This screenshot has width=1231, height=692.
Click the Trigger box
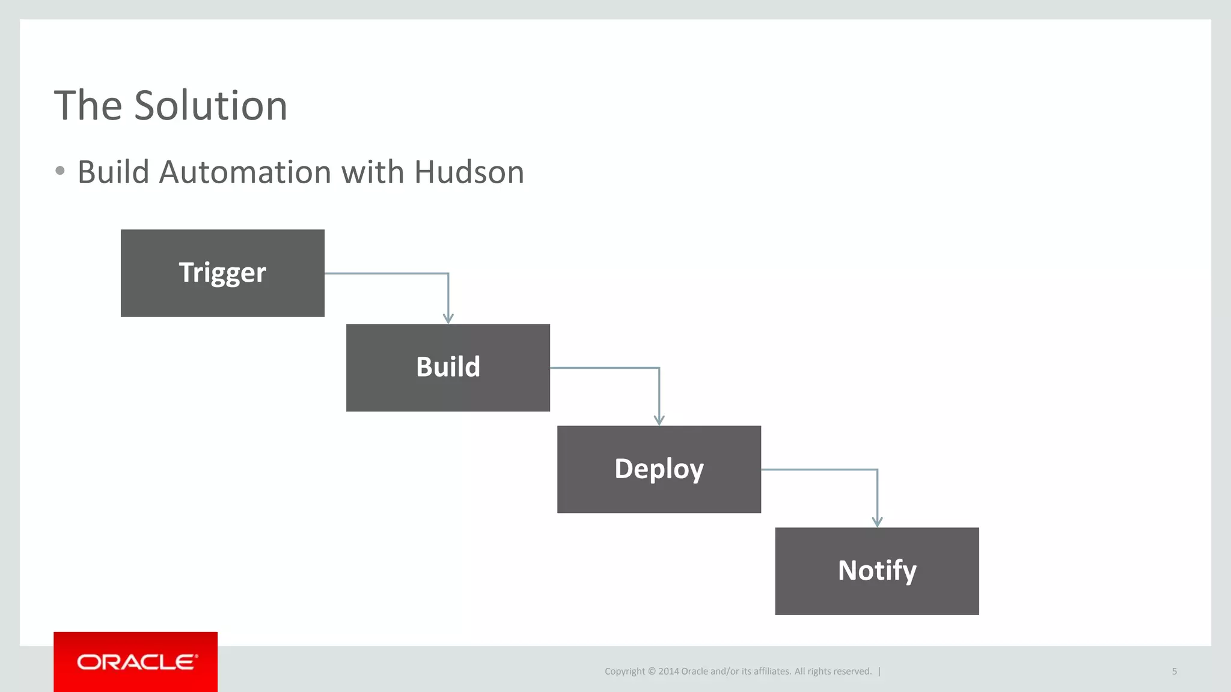[222, 273]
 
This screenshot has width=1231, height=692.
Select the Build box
[448, 368]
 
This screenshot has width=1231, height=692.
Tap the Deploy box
[659, 469]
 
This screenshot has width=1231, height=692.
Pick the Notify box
[876, 571]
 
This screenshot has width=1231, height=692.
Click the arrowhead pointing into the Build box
[448, 318]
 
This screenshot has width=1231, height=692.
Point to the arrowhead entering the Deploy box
[659, 420]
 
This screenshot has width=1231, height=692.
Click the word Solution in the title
[210, 106]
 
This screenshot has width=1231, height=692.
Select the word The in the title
[88, 106]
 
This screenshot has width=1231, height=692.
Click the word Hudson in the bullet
[469, 172]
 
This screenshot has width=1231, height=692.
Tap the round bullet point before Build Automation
[60, 171]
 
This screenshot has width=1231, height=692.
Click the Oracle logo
[136, 662]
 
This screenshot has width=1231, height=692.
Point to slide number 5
[1174, 671]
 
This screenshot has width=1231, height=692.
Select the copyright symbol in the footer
[651, 672]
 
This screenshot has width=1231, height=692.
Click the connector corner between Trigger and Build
[448, 274]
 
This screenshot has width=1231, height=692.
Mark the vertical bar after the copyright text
[879, 672]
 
